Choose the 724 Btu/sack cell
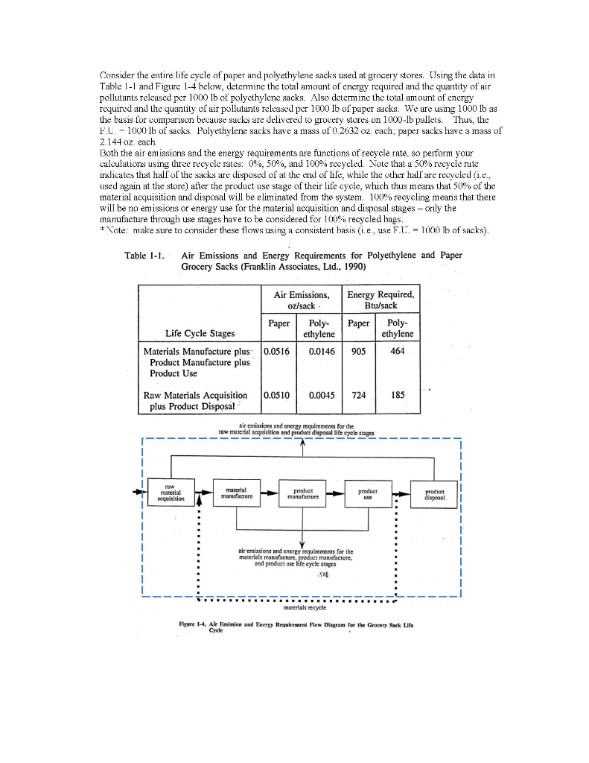pyautogui.click(x=358, y=395)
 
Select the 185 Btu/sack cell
pyautogui.click(x=397, y=395)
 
